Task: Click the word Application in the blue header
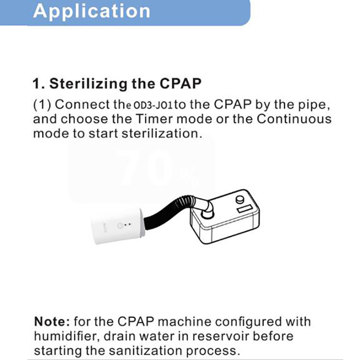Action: [91, 11]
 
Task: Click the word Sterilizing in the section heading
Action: [86, 84]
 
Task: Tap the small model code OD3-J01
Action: [151, 106]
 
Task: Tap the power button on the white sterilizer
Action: [120, 225]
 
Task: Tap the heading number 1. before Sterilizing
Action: [38, 84]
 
